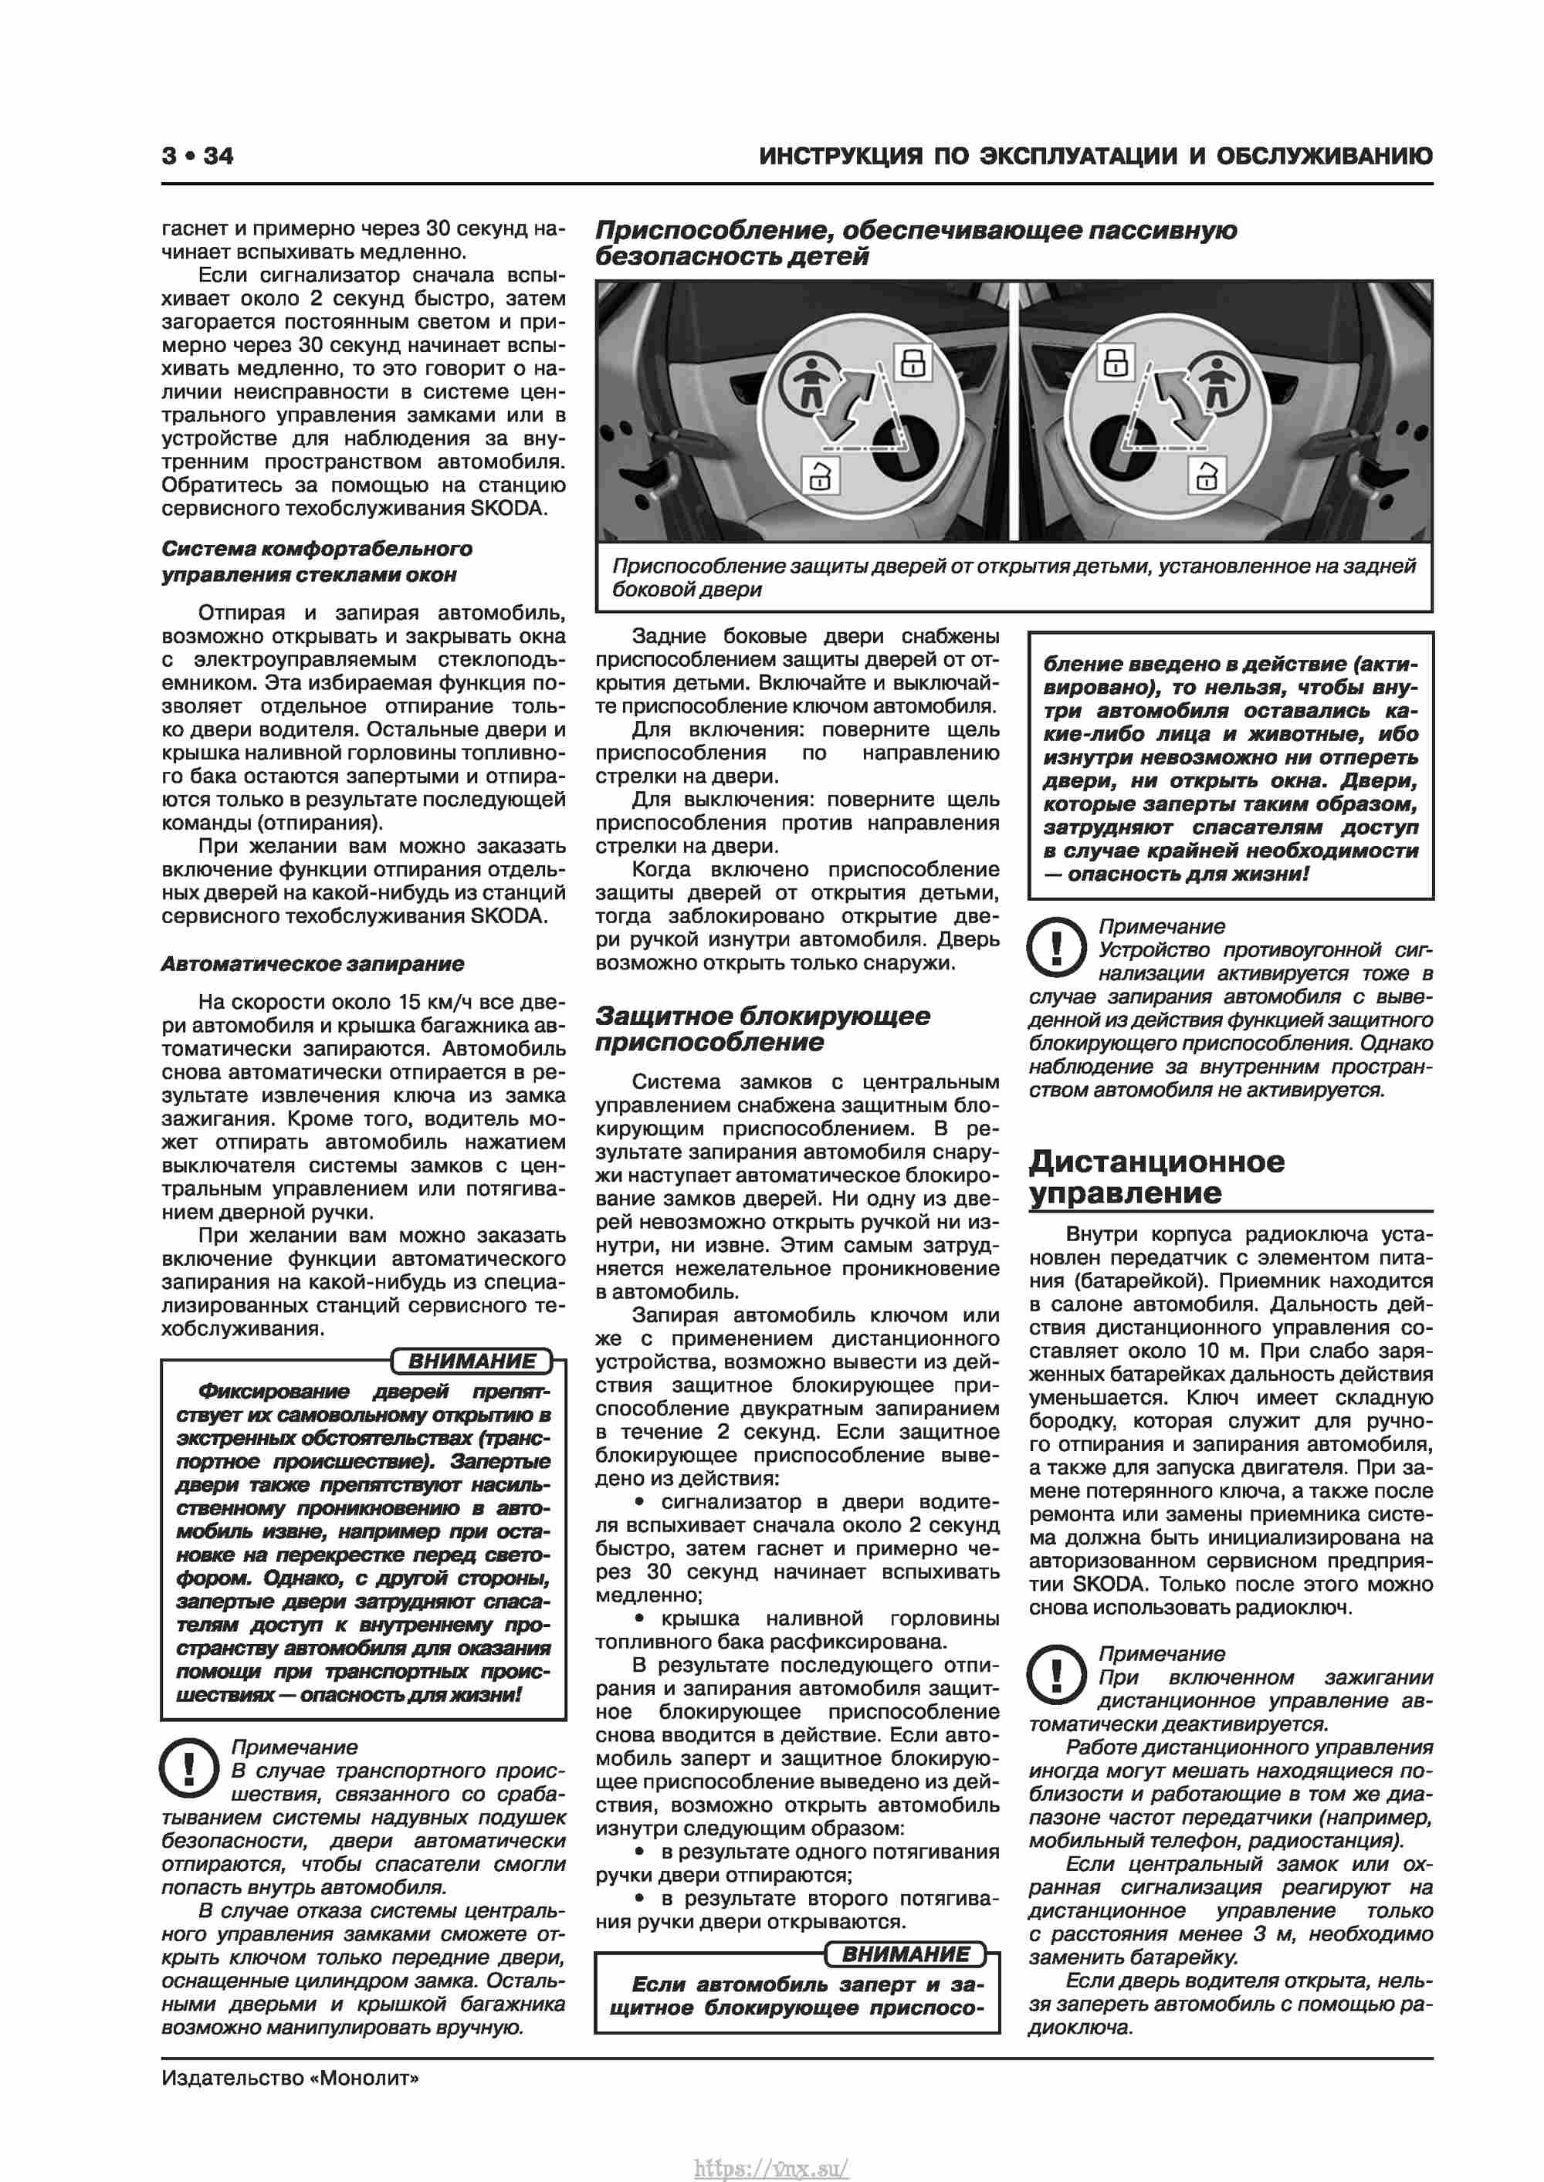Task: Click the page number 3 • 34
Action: coord(198,156)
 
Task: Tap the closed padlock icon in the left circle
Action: coord(913,362)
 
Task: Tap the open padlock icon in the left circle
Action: coord(820,474)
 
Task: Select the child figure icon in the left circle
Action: coord(809,381)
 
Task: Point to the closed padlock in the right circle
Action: coord(1116,362)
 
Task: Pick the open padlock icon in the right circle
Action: coord(1207,473)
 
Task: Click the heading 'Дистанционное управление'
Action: coord(1156,1176)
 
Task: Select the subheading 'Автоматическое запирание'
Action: coord(312,964)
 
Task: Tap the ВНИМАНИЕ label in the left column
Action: coord(472,1361)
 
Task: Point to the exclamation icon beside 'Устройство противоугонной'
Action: coord(1057,946)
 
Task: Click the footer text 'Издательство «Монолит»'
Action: coord(290,2079)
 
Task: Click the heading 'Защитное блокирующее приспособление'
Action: coord(763,1029)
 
